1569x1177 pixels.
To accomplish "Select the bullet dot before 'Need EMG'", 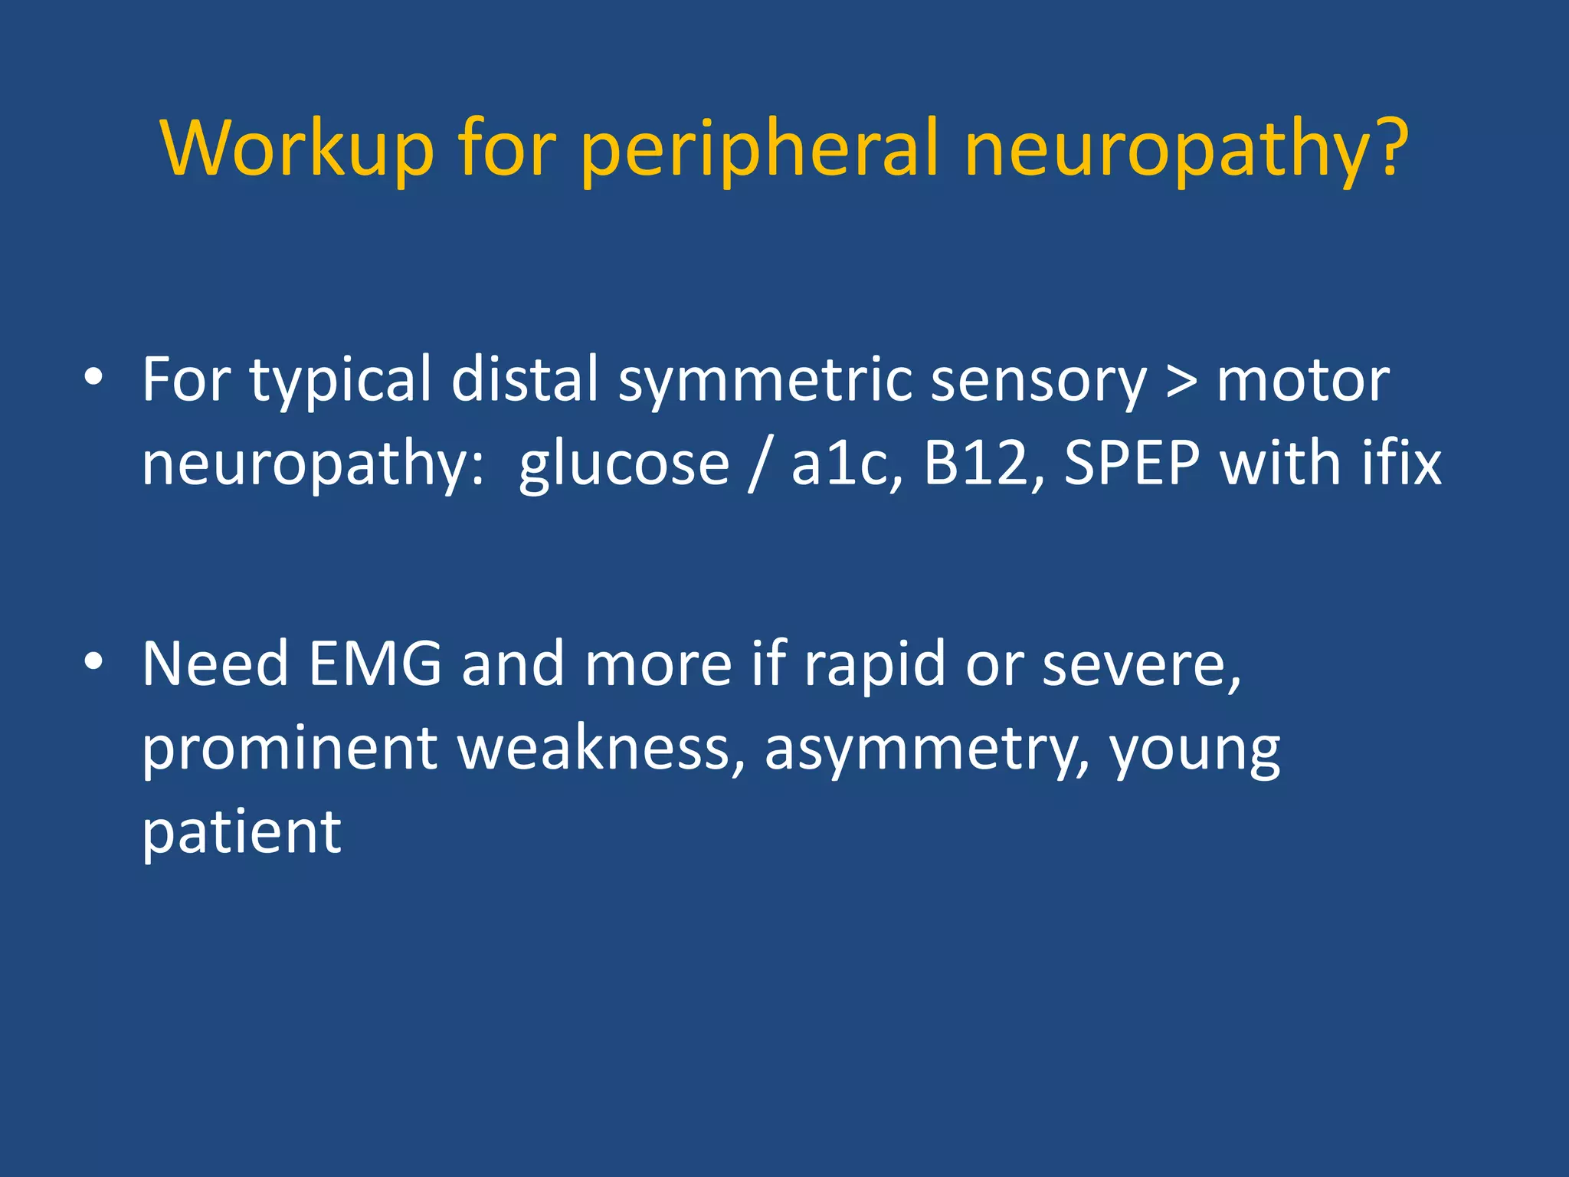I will [93, 662].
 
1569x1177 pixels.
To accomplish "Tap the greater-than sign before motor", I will [1181, 381].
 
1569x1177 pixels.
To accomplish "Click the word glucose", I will [624, 466].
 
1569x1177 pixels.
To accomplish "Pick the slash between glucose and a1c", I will [758, 464].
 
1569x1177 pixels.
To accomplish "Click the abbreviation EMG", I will [375, 664].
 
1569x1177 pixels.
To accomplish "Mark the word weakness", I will [601, 748].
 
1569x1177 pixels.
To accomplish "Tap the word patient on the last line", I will [241, 834].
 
